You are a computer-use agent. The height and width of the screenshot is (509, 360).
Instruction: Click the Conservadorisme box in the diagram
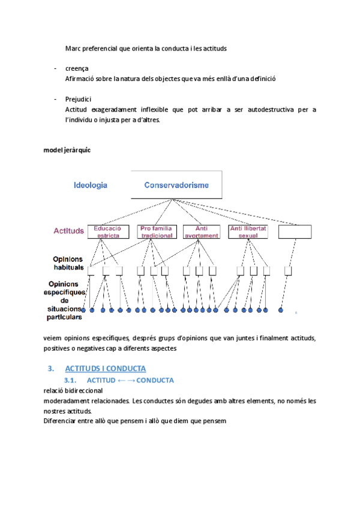(x=176, y=185)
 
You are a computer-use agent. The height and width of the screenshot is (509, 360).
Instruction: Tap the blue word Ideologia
(x=91, y=185)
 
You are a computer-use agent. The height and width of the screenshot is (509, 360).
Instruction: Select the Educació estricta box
(x=109, y=232)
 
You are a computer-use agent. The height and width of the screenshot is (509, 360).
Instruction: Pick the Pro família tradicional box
(x=156, y=232)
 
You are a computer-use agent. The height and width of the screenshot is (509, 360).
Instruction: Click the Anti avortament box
(x=201, y=232)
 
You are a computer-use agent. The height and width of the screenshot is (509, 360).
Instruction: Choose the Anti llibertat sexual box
(x=248, y=232)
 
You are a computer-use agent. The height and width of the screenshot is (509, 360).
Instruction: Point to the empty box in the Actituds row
(x=295, y=232)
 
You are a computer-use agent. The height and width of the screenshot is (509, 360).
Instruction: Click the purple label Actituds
(x=68, y=230)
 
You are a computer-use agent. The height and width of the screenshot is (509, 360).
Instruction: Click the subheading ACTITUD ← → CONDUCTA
(x=130, y=381)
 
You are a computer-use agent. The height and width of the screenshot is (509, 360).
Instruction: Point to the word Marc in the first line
(x=73, y=48)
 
